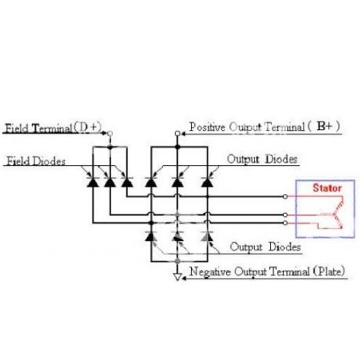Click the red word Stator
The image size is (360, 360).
click(x=327, y=188)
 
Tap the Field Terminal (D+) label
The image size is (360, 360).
click(x=53, y=128)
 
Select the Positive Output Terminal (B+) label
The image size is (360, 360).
click(x=265, y=127)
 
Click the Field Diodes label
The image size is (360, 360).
click(x=36, y=161)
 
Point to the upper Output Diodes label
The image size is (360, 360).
click(x=262, y=159)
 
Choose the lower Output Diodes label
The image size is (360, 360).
click(x=265, y=247)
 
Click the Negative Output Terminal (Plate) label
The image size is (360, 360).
click(x=267, y=272)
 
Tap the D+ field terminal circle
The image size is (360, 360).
click(x=110, y=134)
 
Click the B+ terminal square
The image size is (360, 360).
click(x=178, y=134)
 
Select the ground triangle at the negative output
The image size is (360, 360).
click(x=178, y=276)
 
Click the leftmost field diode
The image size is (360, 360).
click(x=92, y=182)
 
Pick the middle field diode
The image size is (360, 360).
click(x=110, y=182)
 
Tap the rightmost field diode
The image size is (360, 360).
click(x=127, y=182)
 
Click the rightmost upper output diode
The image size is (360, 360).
click(x=207, y=182)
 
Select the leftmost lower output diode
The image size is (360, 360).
click(x=151, y=236)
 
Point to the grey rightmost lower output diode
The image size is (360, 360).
click(x=207, y=236)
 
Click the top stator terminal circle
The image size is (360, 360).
click(x=286, y=196)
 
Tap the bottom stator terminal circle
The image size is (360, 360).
click(x=286, y=223)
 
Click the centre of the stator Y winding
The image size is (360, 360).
click(x=333, y=215)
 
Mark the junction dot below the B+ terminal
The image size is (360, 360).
click(x=178, y=147)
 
